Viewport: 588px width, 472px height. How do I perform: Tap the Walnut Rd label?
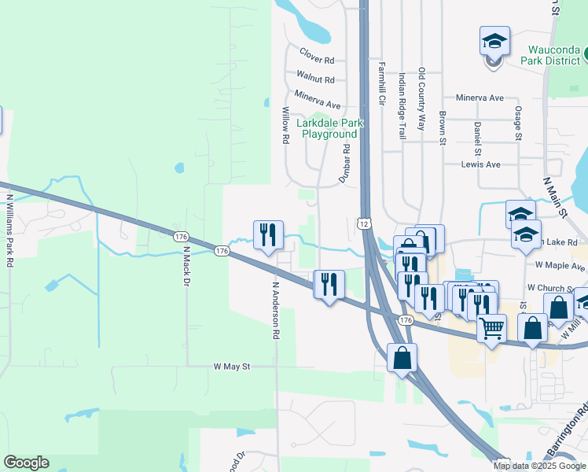click(x=315, y=79)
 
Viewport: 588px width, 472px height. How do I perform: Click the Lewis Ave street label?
click(x=481, y=164)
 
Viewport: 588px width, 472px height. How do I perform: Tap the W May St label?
click(x=231, y=367)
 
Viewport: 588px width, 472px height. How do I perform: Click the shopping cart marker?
click(x=492, y=328)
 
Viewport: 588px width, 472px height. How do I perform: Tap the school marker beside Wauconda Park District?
click(x=494, y=41)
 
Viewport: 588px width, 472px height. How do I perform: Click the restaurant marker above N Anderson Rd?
click(x=267, y=234)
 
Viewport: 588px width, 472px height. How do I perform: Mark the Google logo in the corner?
click(x=26, y=463)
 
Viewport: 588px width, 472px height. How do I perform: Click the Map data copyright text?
click(x=539, y=466)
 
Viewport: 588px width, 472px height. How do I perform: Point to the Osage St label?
click(x=518, y=123)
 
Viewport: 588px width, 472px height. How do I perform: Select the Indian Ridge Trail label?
click(x=402, y=106)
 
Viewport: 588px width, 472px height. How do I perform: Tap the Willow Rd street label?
click(x=285, y=126)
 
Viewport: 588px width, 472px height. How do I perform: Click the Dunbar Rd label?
click(x=344, y=164)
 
